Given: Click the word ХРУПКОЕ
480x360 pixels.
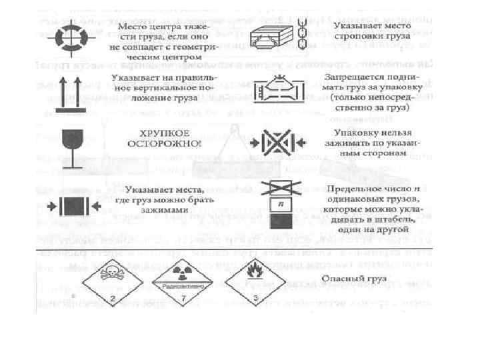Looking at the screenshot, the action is coord(163,133).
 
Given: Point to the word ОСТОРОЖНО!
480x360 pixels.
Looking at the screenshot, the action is coord(163,143).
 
